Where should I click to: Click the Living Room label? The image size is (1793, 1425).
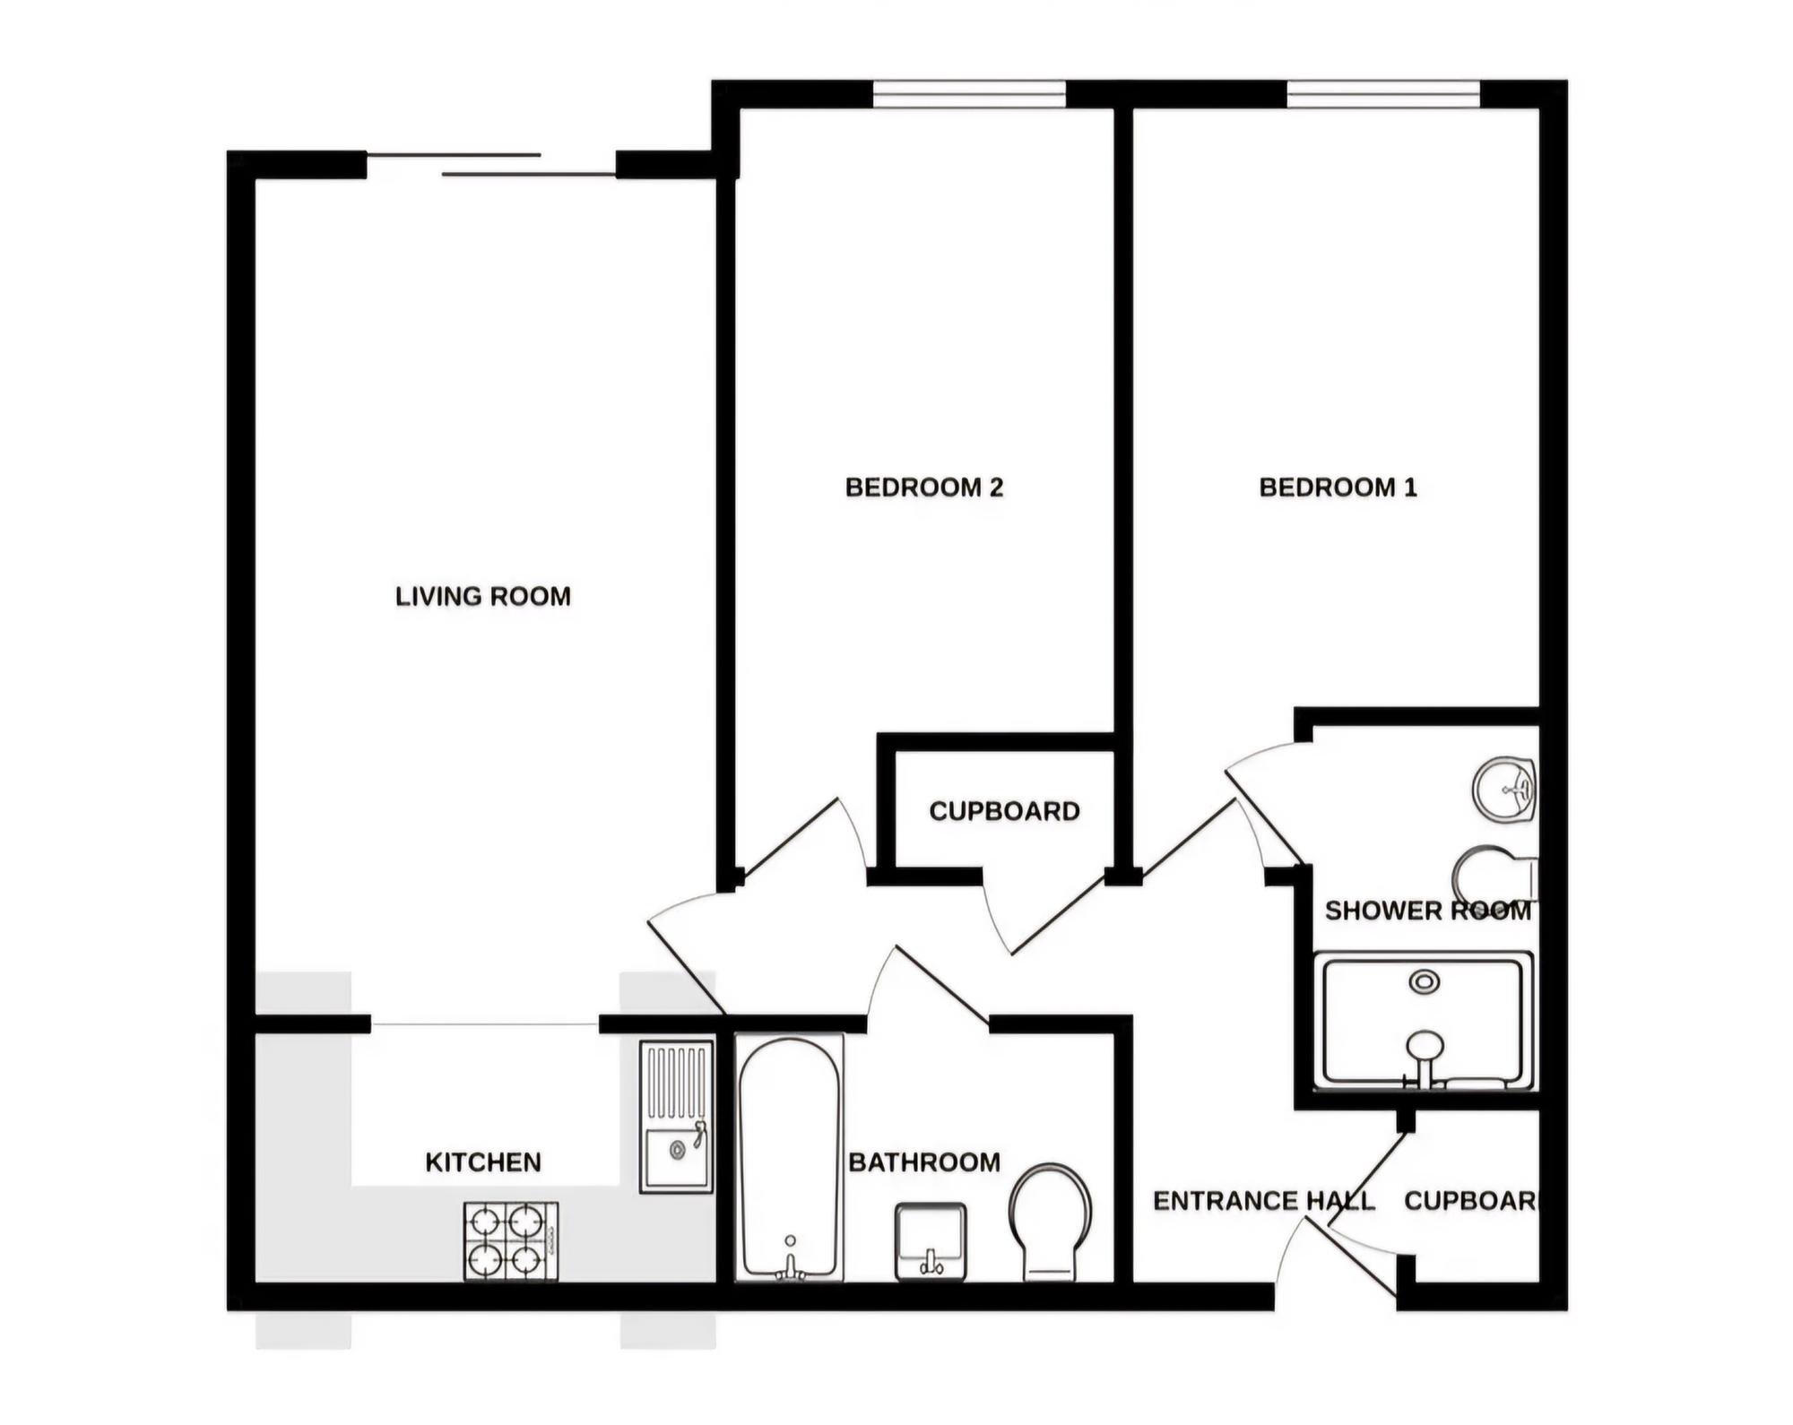point(483,596)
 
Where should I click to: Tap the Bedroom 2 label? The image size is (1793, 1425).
point(924,488)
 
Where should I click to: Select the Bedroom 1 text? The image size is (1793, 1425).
point(1338,488)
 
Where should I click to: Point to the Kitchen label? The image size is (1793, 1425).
point(483,1162)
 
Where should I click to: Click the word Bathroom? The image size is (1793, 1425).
point(924,1162)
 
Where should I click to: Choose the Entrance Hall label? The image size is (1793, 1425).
point(1263,1201)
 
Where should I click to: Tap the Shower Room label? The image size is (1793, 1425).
point(1428,911)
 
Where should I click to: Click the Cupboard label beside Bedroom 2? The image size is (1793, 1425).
point(1004,811)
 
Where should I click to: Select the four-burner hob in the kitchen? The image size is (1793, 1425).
point(511,1241)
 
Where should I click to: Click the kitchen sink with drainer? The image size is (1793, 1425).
point(677,1117)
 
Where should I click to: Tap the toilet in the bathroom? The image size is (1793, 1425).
point(1050,1222)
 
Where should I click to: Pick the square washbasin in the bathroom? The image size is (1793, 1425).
point(931,1241)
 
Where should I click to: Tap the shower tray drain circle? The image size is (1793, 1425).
point(1425,982)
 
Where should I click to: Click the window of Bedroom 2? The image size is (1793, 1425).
point(969,94)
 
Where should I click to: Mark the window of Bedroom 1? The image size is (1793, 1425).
point(1383,94)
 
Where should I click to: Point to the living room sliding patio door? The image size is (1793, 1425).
point(491,165)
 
